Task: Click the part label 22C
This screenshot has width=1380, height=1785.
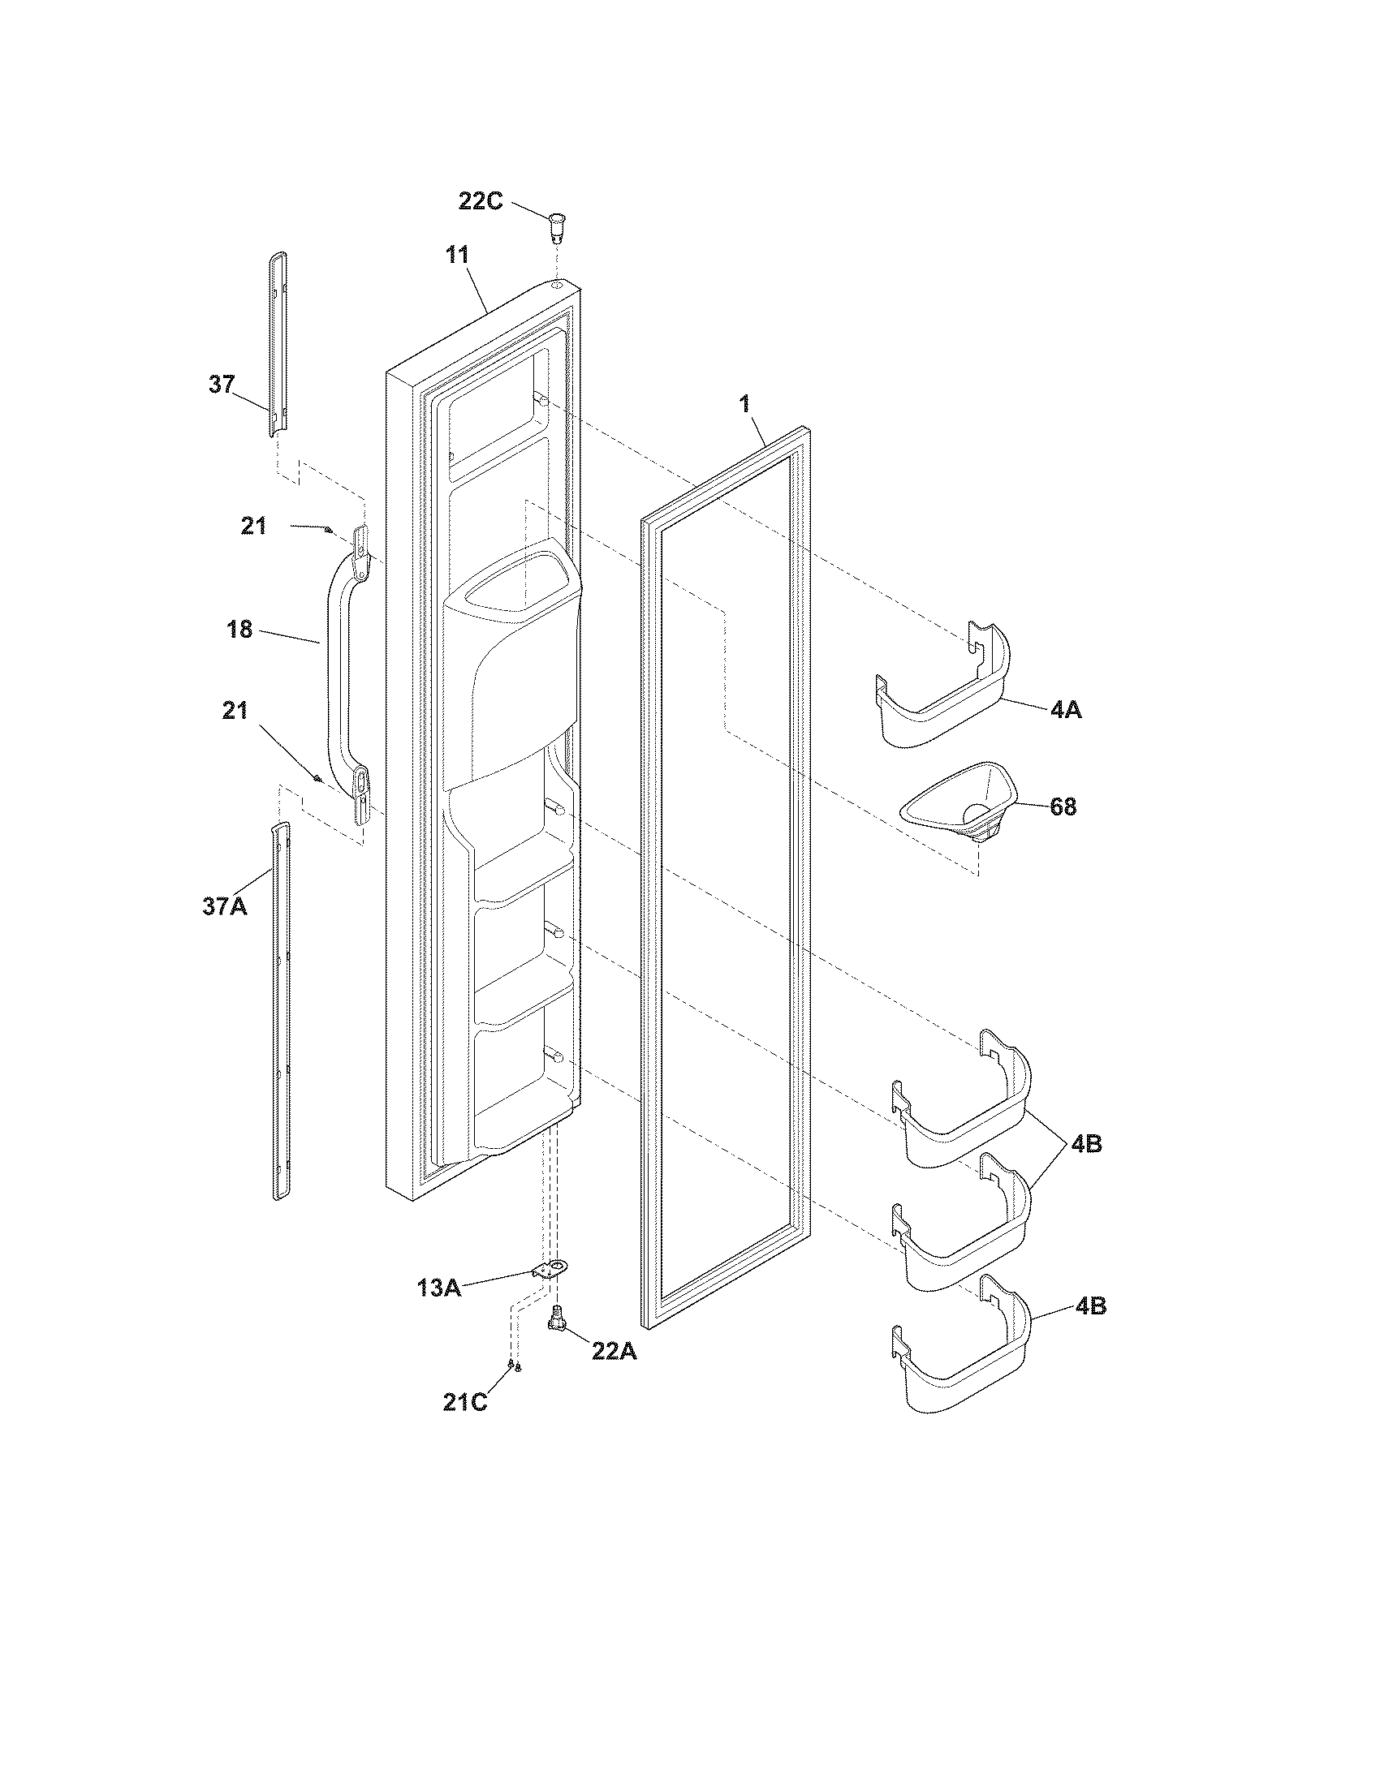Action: (x=480, y=201)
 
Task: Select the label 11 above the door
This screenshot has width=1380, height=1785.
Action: (x=457, y=255)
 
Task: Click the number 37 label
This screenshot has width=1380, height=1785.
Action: (x=222, y=384)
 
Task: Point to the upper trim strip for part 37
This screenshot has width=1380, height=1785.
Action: (x=278, y=343)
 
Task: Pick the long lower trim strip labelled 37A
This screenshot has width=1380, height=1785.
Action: (x=280, y=1013)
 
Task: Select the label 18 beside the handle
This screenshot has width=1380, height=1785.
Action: (x=240, y=630)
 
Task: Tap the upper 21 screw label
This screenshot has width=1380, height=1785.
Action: (x=254, y=526)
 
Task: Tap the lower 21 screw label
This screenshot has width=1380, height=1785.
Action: (x=235, y=711)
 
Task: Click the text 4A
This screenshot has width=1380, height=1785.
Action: (x=1066, y=710)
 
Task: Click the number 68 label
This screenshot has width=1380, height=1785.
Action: (x=1063, y=807)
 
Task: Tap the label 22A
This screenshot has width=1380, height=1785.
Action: (x=614, y=1352)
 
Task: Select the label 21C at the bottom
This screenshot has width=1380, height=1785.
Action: (x=465, y=1403)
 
